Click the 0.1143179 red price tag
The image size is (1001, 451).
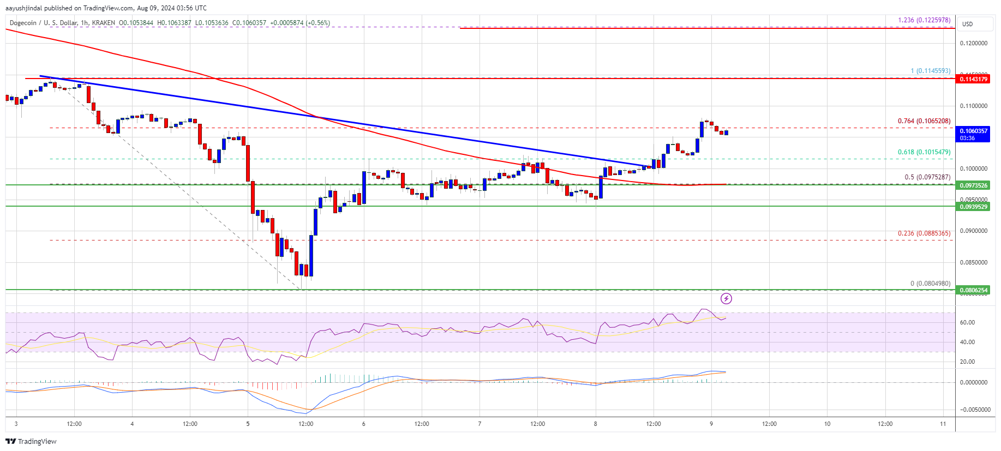[x=973, y=79]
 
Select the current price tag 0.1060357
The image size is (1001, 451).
[x=973, y=131]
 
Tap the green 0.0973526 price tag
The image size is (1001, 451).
[x=973, y=185]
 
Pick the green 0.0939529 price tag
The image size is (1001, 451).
[x=973, y=207]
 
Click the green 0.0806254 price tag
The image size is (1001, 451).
[x=973, y=290]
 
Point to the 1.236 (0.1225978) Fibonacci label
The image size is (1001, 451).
[x=924, y=20]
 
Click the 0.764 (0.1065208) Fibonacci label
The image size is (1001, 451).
[x=924, y=121]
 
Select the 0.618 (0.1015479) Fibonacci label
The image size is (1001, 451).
[x=924, y=152]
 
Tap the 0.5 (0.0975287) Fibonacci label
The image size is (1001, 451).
[x=927, y=177]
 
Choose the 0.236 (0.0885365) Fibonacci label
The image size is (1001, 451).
[x=924, y=233]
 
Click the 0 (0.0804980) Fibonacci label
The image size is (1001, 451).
[x=930, y=284]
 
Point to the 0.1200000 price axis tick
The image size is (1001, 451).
[x=973, y=43]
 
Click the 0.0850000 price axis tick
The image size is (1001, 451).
[x=973, y=262]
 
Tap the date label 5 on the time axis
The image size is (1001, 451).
[x=248, y=424]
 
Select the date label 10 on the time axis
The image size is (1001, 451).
[x=827, y=424]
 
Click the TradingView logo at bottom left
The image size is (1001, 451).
[x=31, y=441]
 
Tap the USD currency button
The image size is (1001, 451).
[x=967, y=24]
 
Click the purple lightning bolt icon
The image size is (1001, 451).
[x=726, y=298]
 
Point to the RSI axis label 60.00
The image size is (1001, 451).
[x=967, y=322]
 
